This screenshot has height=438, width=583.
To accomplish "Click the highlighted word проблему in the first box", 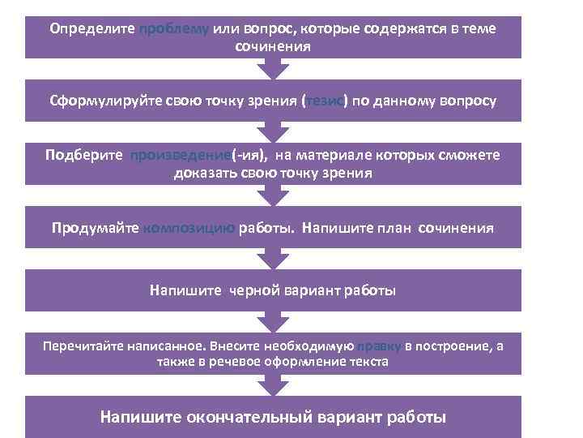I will tap(174, 29).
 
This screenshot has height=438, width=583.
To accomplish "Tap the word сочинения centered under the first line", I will tap(273, 46).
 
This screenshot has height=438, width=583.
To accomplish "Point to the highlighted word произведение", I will tap(181, 155).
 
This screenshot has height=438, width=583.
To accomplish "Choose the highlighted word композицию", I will tap(189, 228).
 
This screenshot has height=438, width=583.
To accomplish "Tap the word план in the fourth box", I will tap(397, 228).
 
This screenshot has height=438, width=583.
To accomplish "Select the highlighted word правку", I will tap(381, 346).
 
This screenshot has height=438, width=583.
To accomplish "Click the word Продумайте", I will tap(96, 228).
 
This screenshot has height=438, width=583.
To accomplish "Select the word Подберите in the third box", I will tap(84, 155).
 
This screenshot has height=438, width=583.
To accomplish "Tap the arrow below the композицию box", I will tap(273, 258).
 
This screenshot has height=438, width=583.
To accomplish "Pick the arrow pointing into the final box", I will tap(273, 386).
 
